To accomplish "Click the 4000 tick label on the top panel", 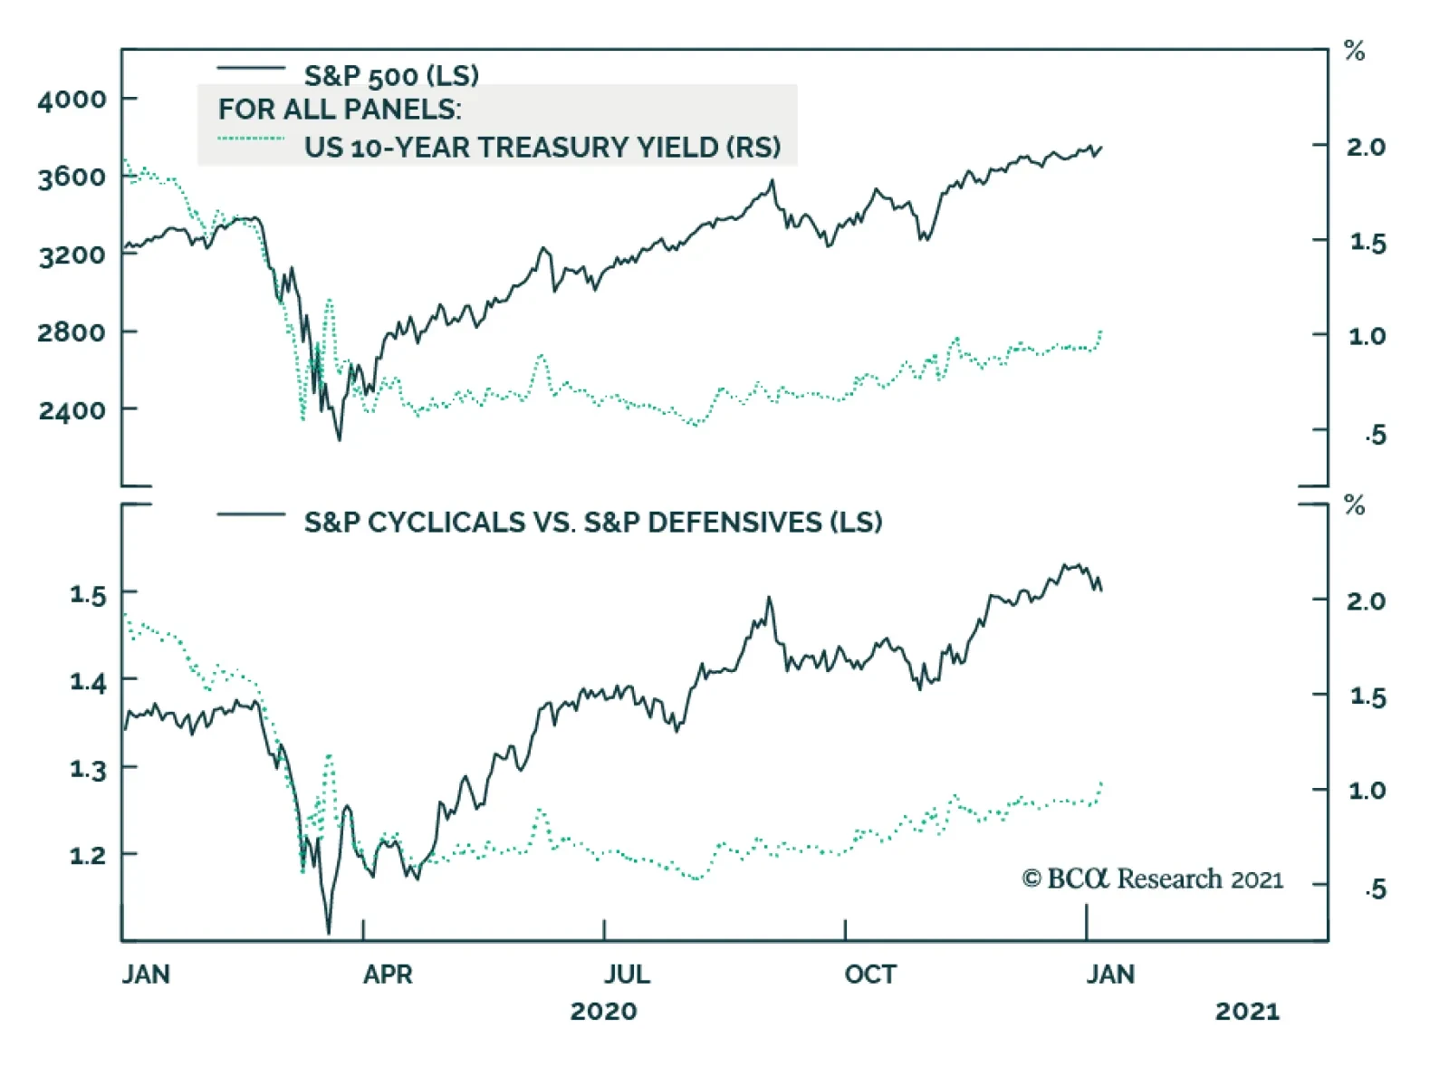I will [72, 99].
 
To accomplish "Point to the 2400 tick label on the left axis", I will [72, 410].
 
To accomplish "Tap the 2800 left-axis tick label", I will [72, 332].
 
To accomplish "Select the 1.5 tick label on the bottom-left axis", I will [88, 594].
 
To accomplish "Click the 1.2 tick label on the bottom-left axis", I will [88, 854].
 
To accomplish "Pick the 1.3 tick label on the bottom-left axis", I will [88, 769].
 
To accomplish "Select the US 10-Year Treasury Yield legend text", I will [542, 147].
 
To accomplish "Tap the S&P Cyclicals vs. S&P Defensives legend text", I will [592, 522].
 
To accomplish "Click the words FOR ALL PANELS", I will [339, 109].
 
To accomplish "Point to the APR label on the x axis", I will [388, 975].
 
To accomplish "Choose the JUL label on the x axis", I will [627, 975].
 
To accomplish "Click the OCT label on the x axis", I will [870, 975].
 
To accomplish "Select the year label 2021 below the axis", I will [1247, 1011].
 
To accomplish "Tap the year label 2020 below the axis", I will [603, 1011].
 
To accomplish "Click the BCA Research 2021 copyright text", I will [1152, 879].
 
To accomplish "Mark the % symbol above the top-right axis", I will [1354, 51].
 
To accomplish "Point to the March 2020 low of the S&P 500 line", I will [340, 440].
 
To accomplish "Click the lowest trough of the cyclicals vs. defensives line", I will [328, 933].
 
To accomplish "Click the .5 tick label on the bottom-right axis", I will [1375, 889].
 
